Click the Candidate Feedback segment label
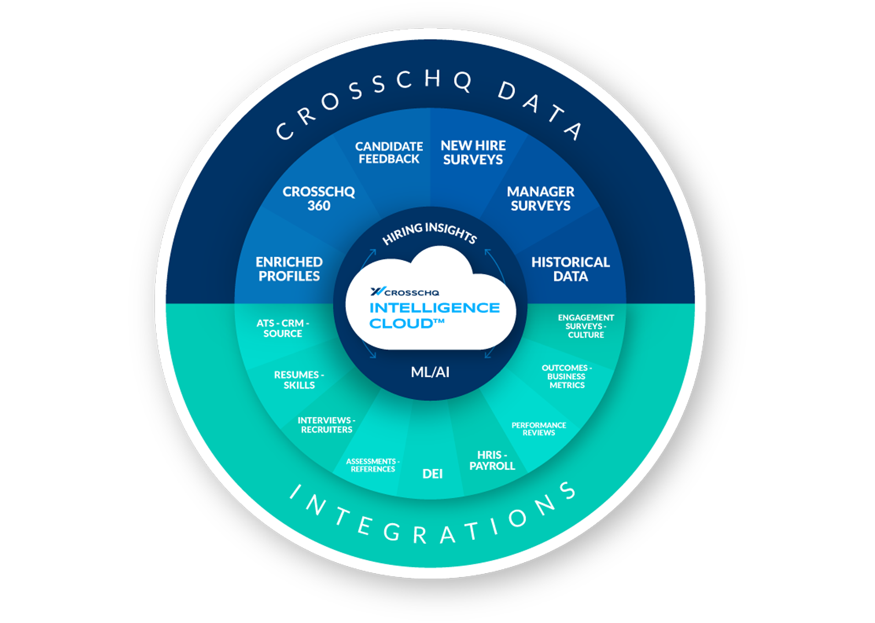pos(389,153)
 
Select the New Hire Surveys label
pos(473,153)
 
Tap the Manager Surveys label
pos(541,199)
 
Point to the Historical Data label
pos(570,269)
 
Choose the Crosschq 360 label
pos(319,199)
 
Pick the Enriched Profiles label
pos(289,269)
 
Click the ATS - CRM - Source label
pos(283,329)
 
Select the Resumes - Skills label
pos(299,380)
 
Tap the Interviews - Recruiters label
pos(326,425)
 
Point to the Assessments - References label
pos(373,465)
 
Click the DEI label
pos(432,474)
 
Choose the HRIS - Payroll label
pos(492,461)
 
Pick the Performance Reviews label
pos(539,429)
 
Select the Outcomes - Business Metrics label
pos(567,377)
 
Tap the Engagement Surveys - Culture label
pos(586,326)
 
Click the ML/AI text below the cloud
pos(430,372)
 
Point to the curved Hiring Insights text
pos(429,232)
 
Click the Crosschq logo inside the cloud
pos(405,292)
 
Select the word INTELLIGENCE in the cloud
pos(434,308)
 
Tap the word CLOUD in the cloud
pos(402,324)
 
